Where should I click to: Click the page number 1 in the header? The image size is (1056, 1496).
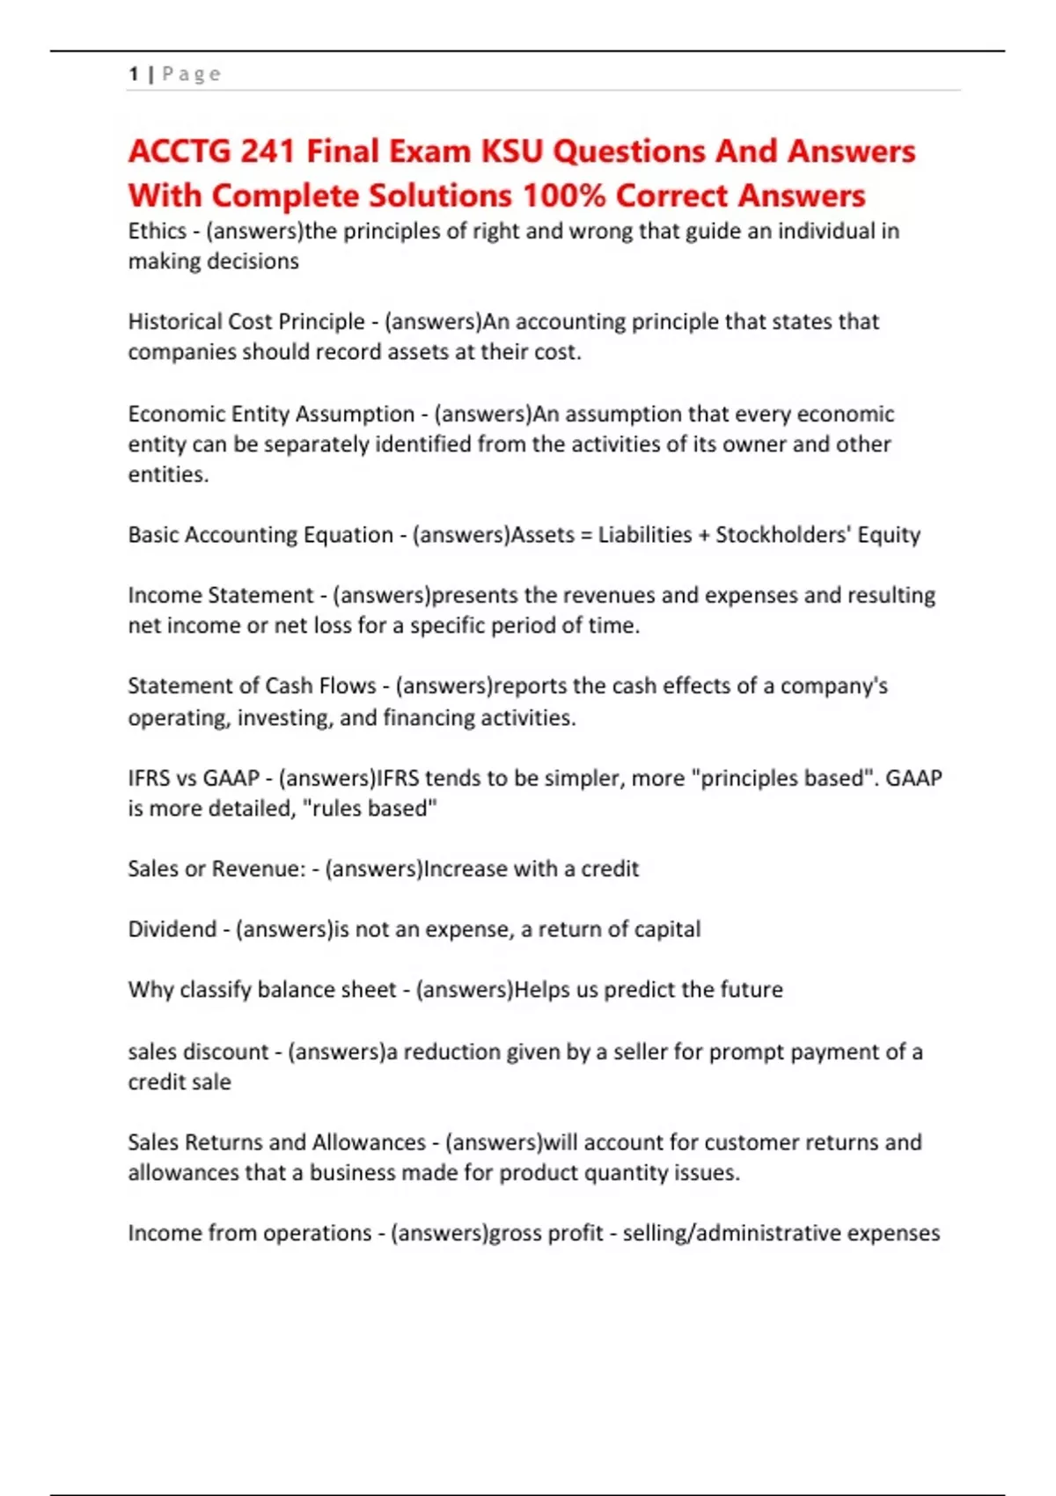pos(133,74)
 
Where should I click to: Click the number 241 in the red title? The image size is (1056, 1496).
pos(268,151)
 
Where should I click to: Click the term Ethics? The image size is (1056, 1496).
pos(157,231)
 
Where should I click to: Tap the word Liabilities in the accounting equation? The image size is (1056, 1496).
pos(645,535)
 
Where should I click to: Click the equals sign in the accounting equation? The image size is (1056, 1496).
pos(586,535)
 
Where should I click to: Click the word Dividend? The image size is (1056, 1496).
pos(172,929)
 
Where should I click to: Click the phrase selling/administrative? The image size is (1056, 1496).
pos(732,1233)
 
